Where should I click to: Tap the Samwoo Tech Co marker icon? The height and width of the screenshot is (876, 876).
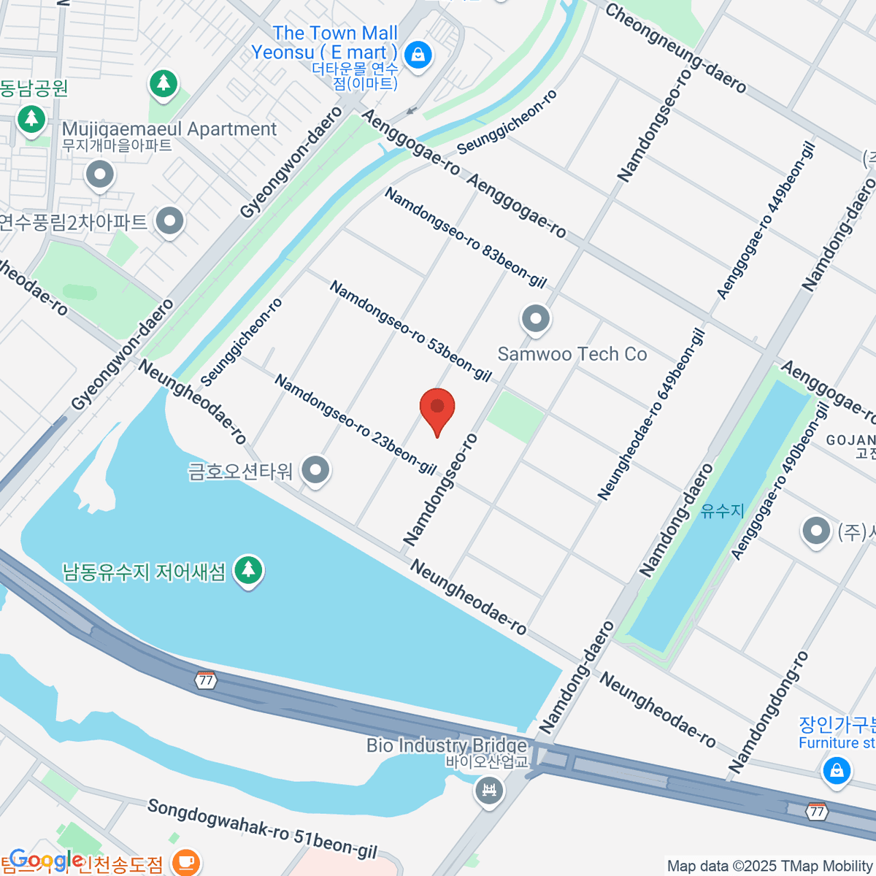coord(536,319)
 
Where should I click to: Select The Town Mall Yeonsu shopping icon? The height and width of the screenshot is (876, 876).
coord(418,54)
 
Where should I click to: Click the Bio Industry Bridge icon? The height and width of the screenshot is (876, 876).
coord(489,790)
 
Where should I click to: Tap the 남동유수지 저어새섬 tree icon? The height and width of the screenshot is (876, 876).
coord(248,569)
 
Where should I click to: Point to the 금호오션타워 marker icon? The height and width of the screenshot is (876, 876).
coord(315,471)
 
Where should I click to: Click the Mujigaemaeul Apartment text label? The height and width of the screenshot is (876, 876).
coord(169,129)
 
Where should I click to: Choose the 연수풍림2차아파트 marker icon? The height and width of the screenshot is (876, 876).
coord(169,221)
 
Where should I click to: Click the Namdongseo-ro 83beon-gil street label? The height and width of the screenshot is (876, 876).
coord(465,237)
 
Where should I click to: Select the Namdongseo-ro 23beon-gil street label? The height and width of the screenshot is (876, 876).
coord(356,424)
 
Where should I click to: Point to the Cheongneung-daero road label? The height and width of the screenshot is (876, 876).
coord(675,48)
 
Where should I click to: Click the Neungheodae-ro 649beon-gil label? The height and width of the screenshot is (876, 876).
coord(652,414)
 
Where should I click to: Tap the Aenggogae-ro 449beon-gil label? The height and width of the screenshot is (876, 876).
coord(766,220)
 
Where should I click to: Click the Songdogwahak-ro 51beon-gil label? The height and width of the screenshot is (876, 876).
coord(262,829)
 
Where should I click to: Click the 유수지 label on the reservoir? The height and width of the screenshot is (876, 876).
coord(722,510)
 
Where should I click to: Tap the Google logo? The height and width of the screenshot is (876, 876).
coord(45,860)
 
